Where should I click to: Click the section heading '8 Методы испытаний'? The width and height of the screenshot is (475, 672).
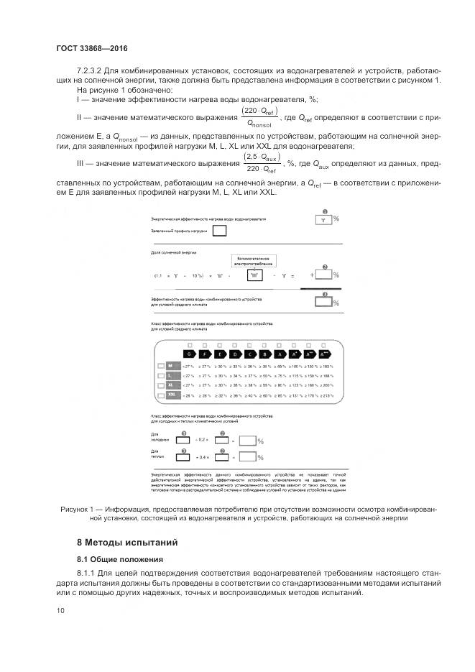click(126, 541)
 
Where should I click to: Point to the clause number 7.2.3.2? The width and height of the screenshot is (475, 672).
click(91, 70)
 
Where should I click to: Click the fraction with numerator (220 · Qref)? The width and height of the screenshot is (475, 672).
click(260, 116)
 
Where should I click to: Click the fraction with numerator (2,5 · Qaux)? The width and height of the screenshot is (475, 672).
click(262, 162)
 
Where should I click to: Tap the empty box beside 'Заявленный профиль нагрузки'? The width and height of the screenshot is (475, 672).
click(221, 231)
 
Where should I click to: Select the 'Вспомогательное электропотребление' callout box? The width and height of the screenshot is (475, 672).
click(254, 260)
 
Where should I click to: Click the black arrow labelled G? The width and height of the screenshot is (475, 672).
click(189, 354)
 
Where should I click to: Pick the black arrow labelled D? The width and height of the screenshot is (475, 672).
click(234, 354)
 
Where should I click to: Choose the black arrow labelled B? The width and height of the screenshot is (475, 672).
click(264, 354)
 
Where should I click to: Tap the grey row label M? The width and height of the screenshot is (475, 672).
click(172, 366)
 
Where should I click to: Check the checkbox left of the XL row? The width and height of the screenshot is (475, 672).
click(160, 385)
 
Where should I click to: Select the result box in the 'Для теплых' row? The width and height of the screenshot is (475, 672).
click(247, 456)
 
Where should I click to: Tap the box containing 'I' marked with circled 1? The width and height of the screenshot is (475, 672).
click(323, 219)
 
